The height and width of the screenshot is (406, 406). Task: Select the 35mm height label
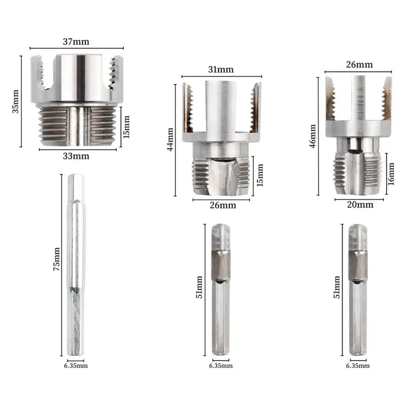(x=16, y=101)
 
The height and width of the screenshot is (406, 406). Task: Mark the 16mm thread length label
(x=391, y=174)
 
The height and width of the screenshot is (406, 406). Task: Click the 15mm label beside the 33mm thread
(x=127, y=126)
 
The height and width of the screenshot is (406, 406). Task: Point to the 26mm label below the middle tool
(x=221, y=206)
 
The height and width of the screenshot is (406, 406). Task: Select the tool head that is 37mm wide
(x=78, y=99)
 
